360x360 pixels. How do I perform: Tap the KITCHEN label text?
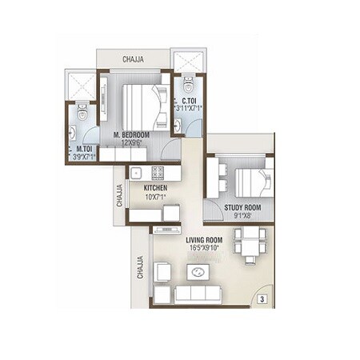pos(155,187)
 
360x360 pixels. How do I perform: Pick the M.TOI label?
pos(84,148)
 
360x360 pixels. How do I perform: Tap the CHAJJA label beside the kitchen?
pos(120,195)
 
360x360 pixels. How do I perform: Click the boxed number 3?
pos(262,299)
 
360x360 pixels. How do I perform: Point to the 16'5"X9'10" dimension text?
pos(205,248)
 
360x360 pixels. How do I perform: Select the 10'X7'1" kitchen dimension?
pos(155,196)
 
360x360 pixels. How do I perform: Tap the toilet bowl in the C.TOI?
pos(188,82)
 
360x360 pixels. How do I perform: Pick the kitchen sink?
pos(137,171)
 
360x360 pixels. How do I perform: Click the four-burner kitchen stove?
pos(155,171)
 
